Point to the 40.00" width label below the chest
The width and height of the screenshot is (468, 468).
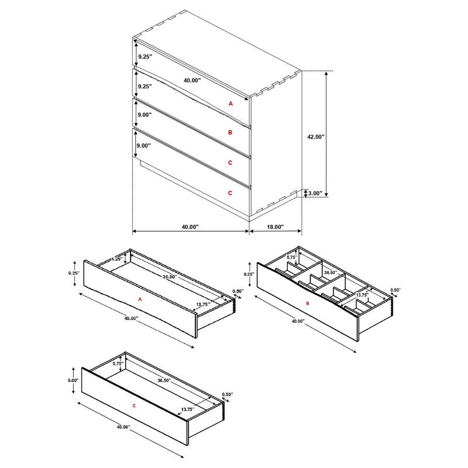(190, 226)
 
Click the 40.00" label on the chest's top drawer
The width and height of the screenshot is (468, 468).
(192, 80)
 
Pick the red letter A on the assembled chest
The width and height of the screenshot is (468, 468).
(230, 103)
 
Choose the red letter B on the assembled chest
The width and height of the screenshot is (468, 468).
(230, 133)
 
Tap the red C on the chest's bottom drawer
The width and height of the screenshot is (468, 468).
(230, 192)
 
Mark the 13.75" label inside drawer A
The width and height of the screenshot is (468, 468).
(204, 305)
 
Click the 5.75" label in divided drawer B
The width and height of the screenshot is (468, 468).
(292, 257)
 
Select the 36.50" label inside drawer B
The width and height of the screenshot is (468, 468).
(331, 272)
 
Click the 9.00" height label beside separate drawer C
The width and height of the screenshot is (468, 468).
(73, 380)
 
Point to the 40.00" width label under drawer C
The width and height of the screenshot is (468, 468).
(123, 427)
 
